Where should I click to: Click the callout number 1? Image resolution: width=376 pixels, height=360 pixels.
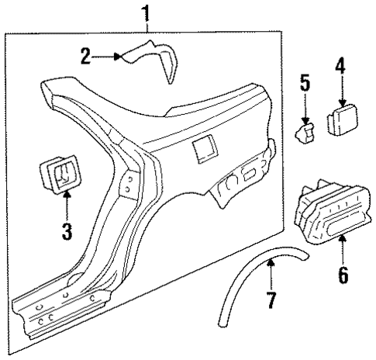(x=143, y=12)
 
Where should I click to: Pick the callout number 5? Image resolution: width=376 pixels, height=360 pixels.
(x=305, y=82)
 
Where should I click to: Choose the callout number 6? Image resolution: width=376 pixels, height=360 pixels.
(x=343, y=273)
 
